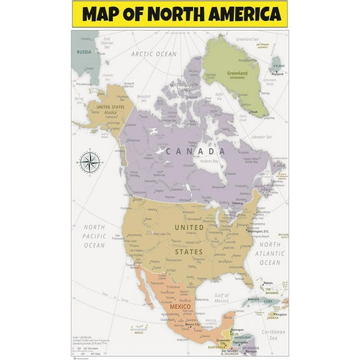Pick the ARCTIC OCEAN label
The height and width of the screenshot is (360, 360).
point(153,54)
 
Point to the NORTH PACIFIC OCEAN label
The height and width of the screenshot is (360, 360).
point(94,236)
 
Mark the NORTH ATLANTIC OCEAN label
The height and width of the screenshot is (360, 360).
point(269,253)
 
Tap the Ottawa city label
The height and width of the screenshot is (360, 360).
point(236,203)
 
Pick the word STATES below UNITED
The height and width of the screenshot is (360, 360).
point(189,251)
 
